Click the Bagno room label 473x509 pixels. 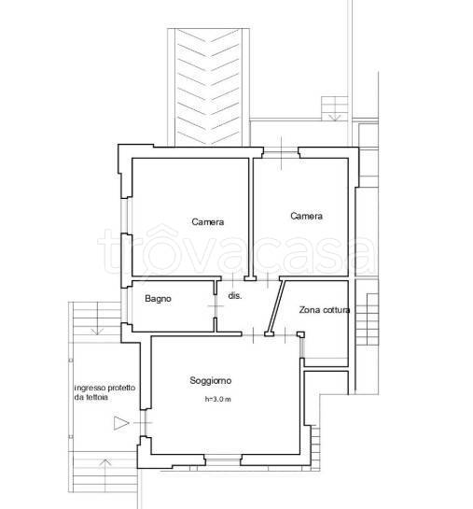tap(158, 299)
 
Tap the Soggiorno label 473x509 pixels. tap(211, 380)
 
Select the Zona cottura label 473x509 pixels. tap(324, 310)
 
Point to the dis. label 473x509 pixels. tap(235, 296)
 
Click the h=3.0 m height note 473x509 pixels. tap(218, 400)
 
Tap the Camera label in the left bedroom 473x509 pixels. tap(207, 222)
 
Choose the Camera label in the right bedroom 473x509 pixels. tap(306, 216)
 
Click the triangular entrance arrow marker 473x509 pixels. tap(121, 423)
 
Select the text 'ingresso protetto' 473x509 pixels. tap(105, 388)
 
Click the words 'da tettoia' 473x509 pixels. tap(91, 397)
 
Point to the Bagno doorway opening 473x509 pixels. tap(216, 306)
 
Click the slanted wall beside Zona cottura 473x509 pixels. tap(275, 306)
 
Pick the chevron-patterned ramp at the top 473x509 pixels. tap(209, 87)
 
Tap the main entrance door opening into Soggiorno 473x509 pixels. tap(144, 423)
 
